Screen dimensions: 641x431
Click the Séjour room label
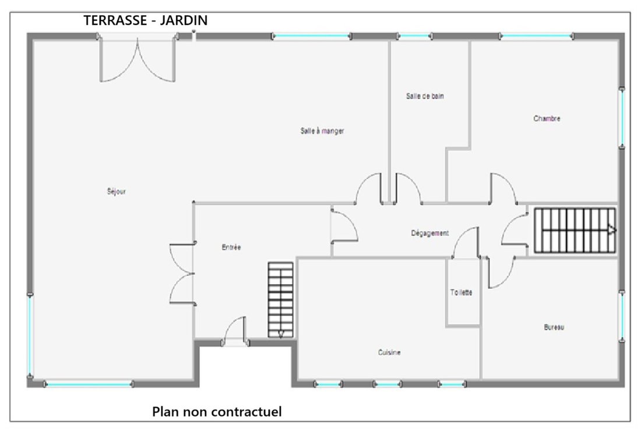click(x=117, y=191)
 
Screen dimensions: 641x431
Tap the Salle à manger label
click(x=322, y=130)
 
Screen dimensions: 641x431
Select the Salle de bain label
click(x=425, y=96)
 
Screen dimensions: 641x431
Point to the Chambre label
click(x=547, y=118)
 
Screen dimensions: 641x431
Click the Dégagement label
click(x=430, y=233)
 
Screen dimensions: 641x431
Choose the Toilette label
click(x=461, y=292)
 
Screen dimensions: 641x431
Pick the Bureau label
click(x=554, y=327)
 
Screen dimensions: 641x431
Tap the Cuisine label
click(x=389, y=352)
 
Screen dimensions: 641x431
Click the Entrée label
click(x=231, y=247)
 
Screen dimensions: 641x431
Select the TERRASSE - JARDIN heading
click(x=146, y=20)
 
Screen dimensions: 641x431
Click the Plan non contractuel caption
click(x=217, y=411)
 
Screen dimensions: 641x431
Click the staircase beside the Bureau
click(x=575, y=231)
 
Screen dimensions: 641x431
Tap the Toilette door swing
click(x=466, y=243)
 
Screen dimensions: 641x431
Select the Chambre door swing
click(x=503, y=188)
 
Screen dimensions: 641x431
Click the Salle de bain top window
click(x=414, y=36)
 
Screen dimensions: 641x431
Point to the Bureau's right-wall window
click(x=622, y=317)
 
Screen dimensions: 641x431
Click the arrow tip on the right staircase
click(x=616, y=231)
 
